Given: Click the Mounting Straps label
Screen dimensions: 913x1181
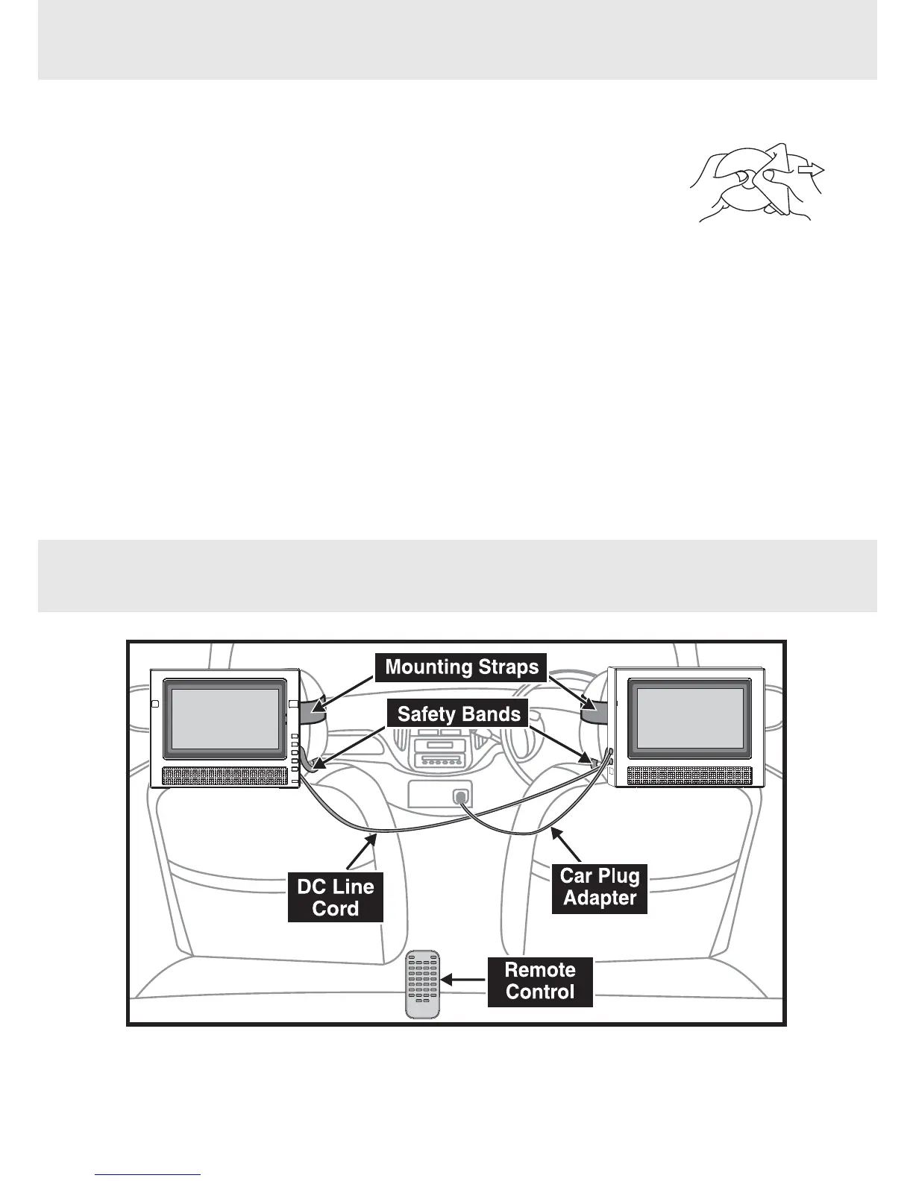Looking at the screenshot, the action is pyautogui.click(x=462, y=667).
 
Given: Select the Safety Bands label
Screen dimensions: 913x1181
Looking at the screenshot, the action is pyautogui.click(x=458, y=714).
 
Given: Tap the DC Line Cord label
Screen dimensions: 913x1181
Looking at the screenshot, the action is pyautogui.click(x=336, y=897).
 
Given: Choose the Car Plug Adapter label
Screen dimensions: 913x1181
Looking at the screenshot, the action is pyautogui.click(x=600, y=886).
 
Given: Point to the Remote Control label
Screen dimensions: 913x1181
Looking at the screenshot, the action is pyautogui.click(x=540, y=981).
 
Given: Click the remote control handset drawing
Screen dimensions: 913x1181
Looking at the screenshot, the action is pyautogui.click(x=423, y=984).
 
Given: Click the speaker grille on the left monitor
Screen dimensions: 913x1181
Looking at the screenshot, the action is pyautogui.click(x=225, y=776).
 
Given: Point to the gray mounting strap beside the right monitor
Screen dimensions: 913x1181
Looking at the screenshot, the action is pyautogui.click(x=594, y=710).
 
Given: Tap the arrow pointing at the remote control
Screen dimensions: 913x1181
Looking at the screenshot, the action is pyautogui.click(x=462, y=981).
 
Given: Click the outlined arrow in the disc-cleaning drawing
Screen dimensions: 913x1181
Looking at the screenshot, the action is pyautogui.click(x=810, y=171).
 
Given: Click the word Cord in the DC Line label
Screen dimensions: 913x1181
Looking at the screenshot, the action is pyautogui.click(x=336, y=909).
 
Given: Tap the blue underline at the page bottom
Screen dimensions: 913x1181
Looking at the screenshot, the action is pyautogui.click(x=148, y=1175).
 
